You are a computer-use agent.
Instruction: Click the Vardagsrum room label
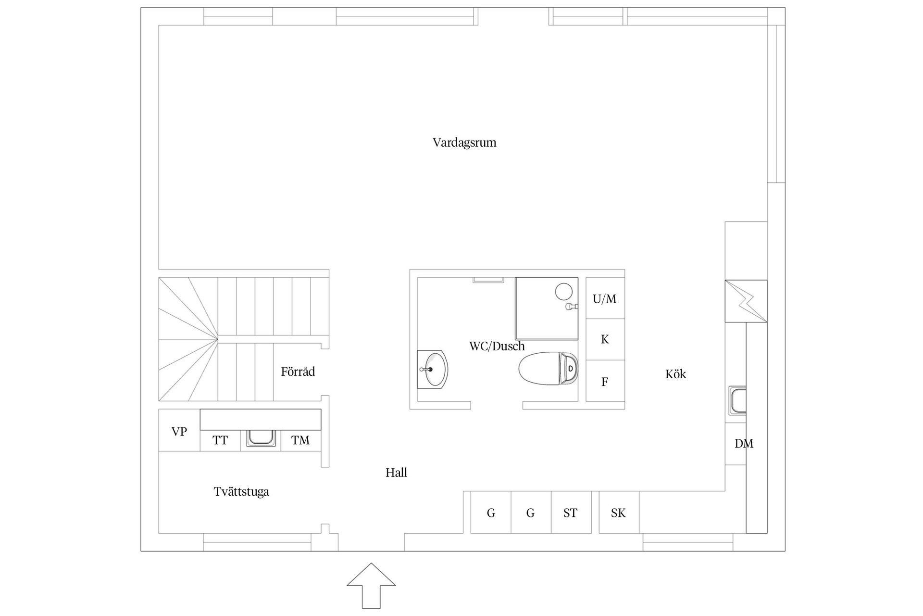coord(464,143)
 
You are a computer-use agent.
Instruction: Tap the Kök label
coord(675,374)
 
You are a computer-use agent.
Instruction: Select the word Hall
coord(396,473)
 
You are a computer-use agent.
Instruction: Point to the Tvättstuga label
coord(241,491)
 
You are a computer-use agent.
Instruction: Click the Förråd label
coord(298,371)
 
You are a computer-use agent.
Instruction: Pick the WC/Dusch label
coord(497,346)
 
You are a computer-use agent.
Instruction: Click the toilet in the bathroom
coord(549,369)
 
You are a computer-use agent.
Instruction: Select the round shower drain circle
coord(563,292)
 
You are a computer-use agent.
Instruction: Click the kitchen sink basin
coord(737,400)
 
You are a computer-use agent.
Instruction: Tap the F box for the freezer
coord(605,381)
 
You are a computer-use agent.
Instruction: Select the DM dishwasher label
coord(744,444)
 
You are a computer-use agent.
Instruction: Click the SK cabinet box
coord(619,513)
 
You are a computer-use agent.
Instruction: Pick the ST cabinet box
coord(571,513)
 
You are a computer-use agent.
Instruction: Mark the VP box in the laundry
coord(179,430)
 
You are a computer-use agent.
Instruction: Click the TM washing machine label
coord(300,440)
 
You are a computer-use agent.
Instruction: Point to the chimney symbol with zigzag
coord(746,301)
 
